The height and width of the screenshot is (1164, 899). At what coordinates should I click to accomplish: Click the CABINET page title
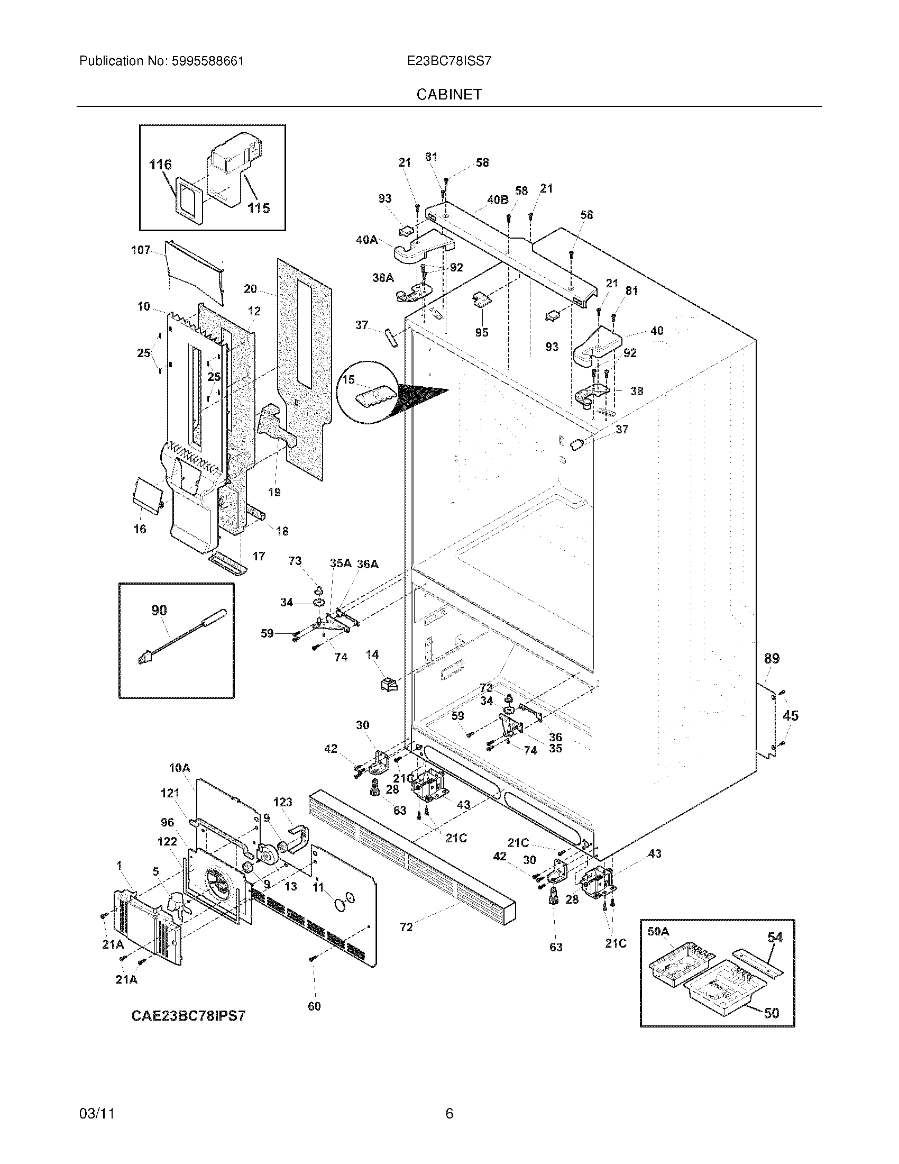pyautogui.click(x=449, y=94)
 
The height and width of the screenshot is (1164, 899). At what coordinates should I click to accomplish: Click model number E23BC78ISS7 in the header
pyautogui.click(x=449, y=61)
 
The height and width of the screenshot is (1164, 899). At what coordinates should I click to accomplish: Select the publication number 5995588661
pyautogui.click(x=207, y=61)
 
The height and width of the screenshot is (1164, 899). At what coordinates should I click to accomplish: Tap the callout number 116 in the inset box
pyautogui.click(x=160, y=165)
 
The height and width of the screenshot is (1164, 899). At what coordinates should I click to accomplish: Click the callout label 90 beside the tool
pyautogui.click(x=159, y=610)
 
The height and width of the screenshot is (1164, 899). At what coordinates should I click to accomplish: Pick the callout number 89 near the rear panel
pyautogui.click(x=772, y=658)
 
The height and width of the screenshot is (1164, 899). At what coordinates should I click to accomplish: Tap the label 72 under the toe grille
pyautogui.click(x=406, y=927)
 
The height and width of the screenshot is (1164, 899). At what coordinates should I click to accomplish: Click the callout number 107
pyautogui.click(x=141, y=250)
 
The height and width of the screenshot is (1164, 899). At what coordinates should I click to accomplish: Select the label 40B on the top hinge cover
pyautogui.click(x=498, y=199)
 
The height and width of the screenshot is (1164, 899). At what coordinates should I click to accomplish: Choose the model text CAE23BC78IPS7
pyautogui.click(x=189, y=1015)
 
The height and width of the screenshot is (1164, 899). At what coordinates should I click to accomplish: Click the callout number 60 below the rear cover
pyautogui.click(x=314, y=1006)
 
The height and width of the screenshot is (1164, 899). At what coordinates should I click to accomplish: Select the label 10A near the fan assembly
pyautogui.click(x=179, y=768)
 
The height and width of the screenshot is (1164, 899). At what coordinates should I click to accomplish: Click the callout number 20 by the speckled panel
pyautogui.click(x=250, y=289)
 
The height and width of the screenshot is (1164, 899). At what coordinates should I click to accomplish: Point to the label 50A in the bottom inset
pyautogui.click(x=658, y=931)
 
